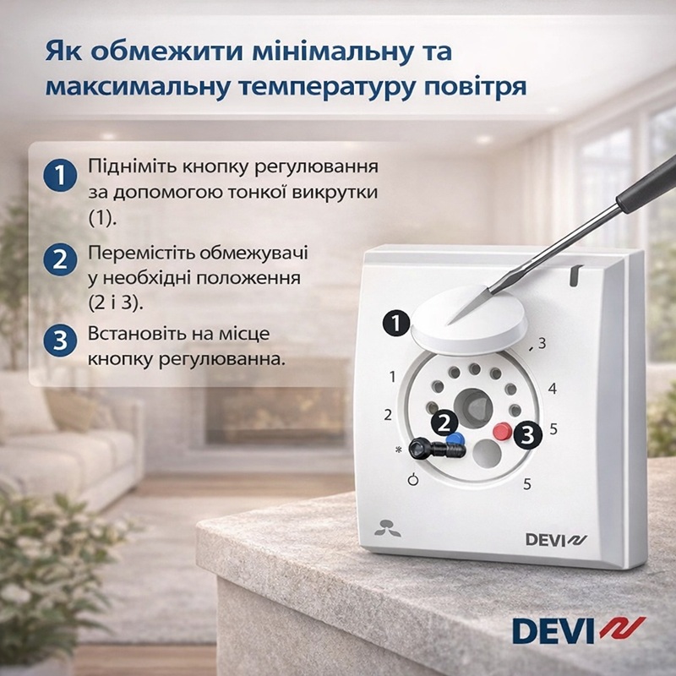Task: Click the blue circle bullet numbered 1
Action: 60,176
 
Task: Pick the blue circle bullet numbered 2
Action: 60,259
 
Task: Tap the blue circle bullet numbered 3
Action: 60,341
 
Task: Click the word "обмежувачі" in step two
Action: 253,253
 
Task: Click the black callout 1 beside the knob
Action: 396,324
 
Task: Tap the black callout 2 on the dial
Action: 444,423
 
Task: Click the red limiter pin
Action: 502,431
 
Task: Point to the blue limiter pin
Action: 453,439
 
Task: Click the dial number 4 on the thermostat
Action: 553,389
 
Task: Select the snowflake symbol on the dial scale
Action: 398,450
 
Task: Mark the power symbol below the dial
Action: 413,479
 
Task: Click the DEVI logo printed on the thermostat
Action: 556,540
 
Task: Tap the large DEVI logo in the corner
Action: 579,630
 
